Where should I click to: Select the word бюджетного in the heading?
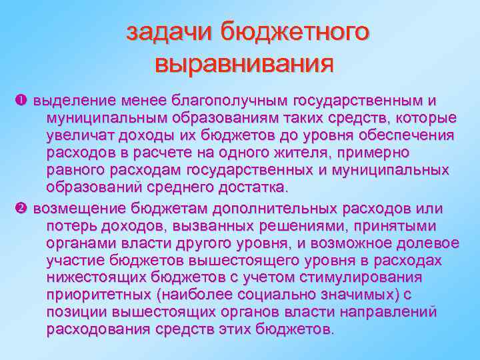pos(294,31)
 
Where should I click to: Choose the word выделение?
pos(73,101)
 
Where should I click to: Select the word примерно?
pos(416,153)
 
